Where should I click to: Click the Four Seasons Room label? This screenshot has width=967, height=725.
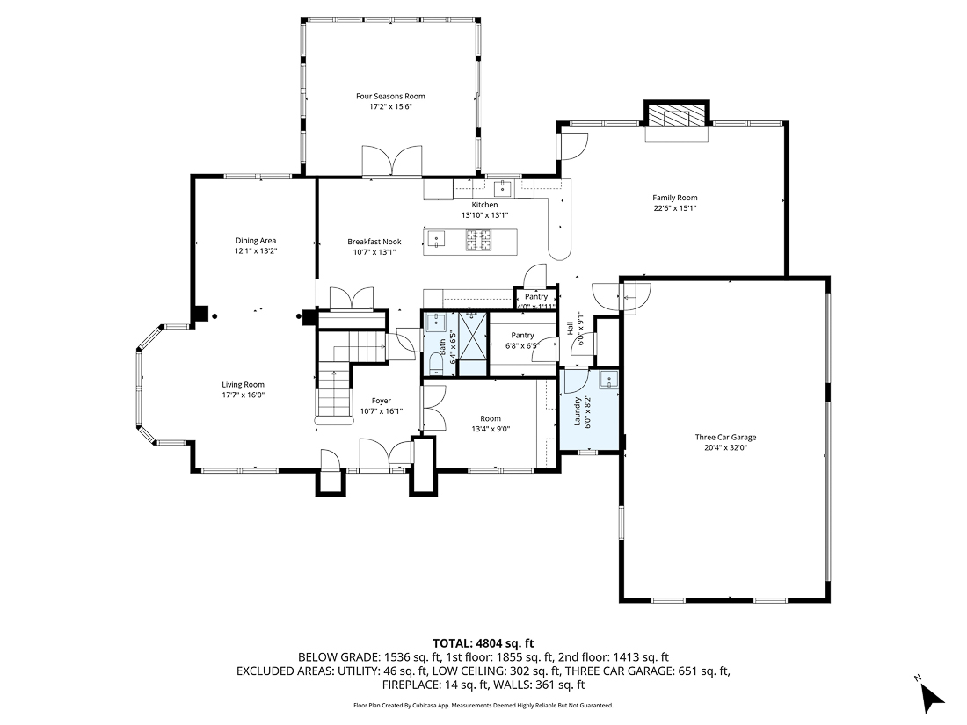(390, 96)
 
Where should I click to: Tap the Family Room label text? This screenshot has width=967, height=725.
(674, 198)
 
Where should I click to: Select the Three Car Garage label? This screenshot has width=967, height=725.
(725, 437)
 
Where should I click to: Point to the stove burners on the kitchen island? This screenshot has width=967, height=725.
(480, 238)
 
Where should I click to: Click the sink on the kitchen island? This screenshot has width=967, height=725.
(437, 238)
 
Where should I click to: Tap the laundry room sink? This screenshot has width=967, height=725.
(607, 380)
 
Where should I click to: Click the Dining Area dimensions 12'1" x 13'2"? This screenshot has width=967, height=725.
(256, 251)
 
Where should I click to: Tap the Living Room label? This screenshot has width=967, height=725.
(243, 384)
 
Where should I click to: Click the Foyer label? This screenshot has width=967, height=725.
(381, 401)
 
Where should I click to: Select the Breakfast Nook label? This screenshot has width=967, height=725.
(374, 242)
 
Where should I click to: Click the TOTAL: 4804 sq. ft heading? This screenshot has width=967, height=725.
(484, 642)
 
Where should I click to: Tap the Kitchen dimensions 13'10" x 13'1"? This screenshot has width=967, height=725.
(484, 215)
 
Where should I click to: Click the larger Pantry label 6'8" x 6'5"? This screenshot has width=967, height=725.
(522, 345)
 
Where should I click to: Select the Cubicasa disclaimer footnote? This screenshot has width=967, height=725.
(483, 705)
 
